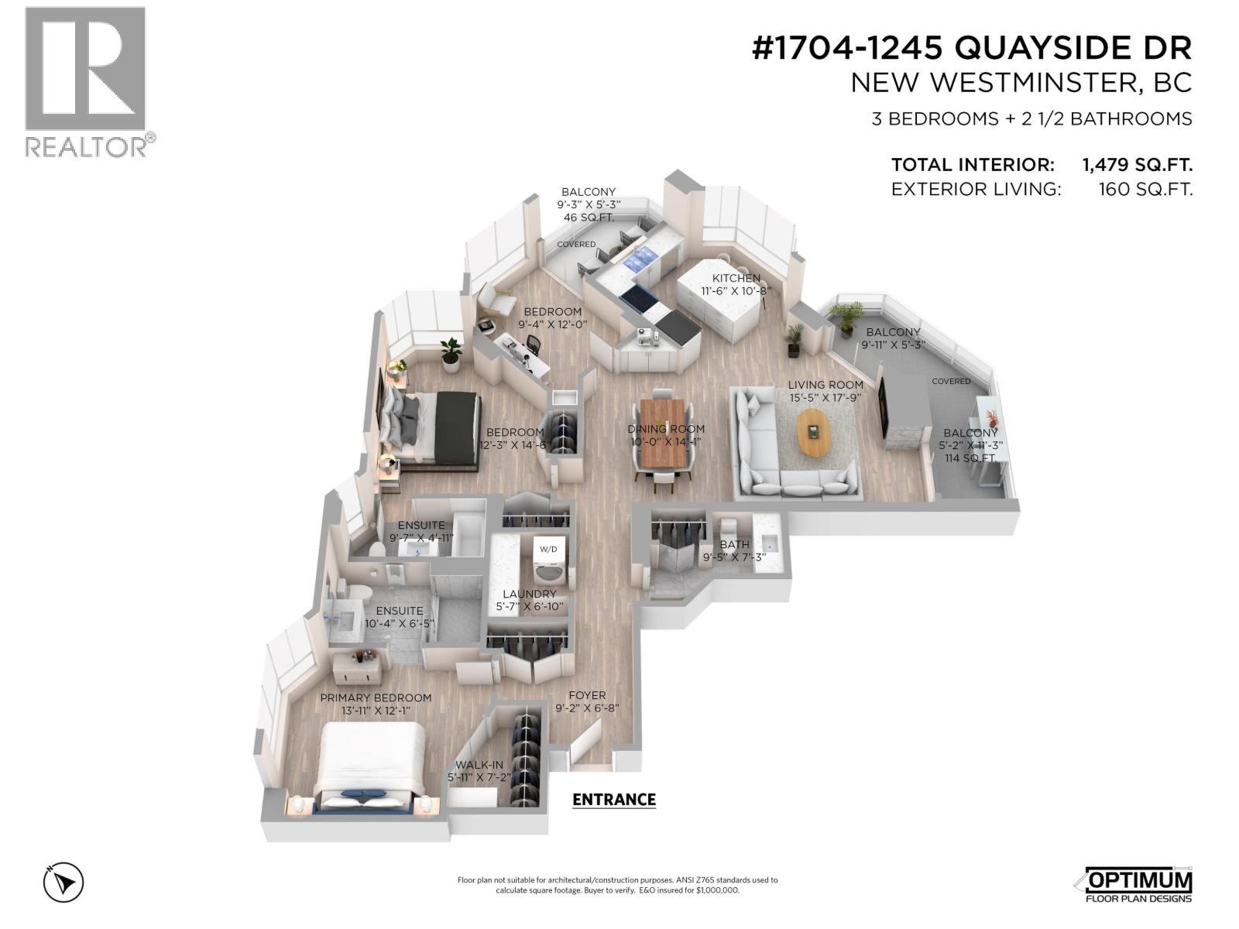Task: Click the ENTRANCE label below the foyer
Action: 614,799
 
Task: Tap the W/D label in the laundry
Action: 548,550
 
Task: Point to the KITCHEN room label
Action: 736,278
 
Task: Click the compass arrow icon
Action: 63,882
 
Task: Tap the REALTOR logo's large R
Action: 85,69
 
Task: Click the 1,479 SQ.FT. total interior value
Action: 1137,165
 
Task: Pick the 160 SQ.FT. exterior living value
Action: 1146,190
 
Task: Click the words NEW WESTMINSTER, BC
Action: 1021,84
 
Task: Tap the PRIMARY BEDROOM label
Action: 376,698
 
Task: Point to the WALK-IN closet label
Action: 479,765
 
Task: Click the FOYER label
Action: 587,695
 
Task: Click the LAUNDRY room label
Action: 530,594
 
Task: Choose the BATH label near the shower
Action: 734,544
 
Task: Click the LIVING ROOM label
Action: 825,385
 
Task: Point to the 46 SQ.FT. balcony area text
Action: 589,218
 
